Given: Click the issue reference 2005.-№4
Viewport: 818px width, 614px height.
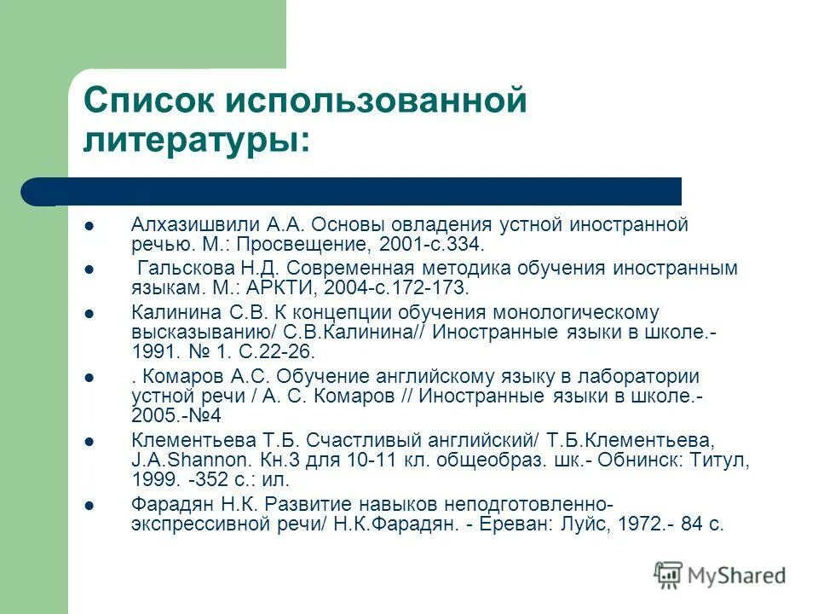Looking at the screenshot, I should (176, 416).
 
